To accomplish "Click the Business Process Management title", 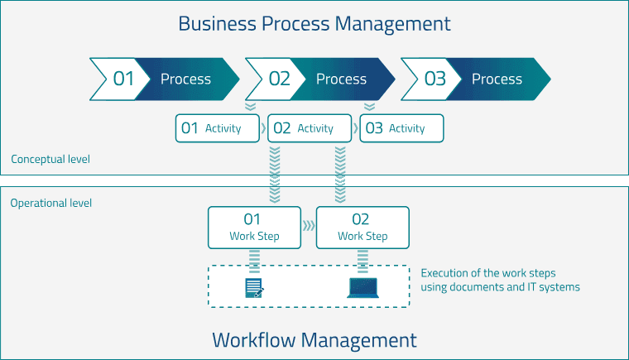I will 314,23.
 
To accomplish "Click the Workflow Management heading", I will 314,339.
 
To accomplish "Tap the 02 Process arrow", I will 319,79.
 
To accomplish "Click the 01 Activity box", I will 218,128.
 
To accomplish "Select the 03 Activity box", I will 401,128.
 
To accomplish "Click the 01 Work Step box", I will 254,228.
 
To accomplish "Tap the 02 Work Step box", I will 363,228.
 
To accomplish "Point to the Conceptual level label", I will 50,159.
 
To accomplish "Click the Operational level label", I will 51,203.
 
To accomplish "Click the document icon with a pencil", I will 254,287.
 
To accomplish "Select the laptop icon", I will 363,287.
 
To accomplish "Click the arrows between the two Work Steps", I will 309,225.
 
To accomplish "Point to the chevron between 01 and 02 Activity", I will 263,128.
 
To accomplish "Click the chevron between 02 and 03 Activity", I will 355,128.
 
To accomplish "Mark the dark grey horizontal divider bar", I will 314,180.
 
